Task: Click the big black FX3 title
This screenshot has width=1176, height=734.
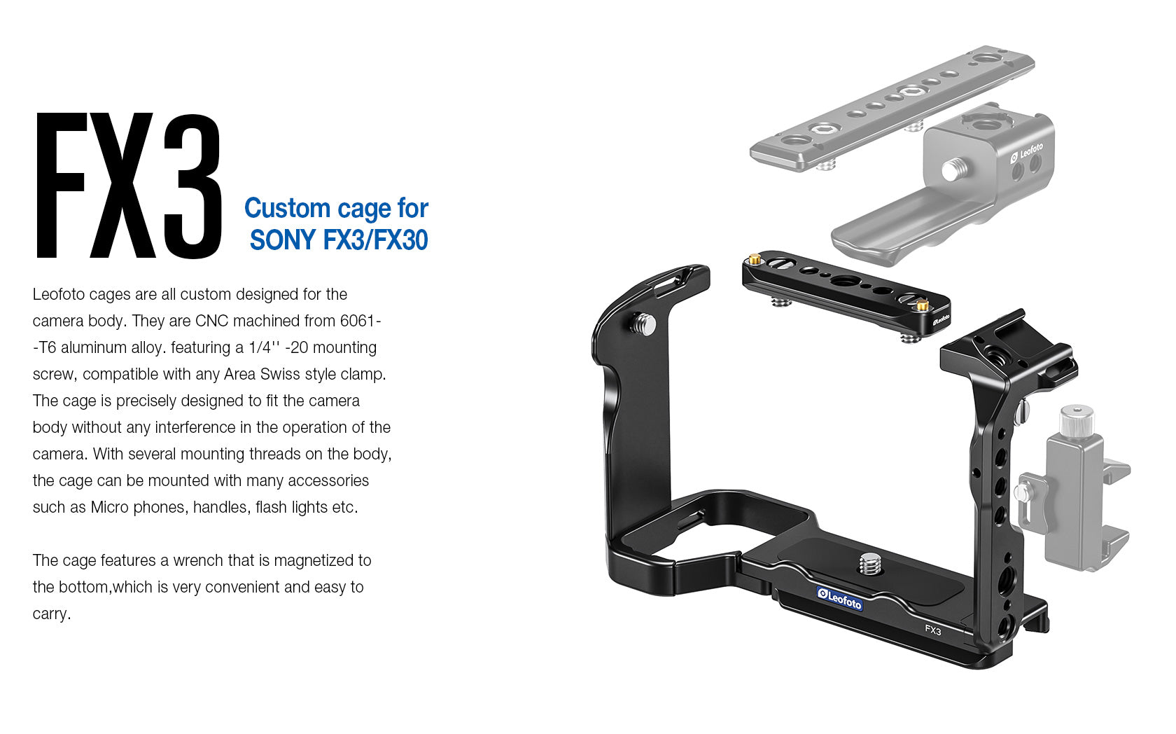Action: [129, 186]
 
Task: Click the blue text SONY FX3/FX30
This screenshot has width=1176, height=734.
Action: [339, 240]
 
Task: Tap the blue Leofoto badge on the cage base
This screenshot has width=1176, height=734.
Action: [840, 598]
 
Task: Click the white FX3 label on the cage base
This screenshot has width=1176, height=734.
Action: [933, 630]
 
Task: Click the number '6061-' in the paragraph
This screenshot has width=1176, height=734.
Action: [360, 321]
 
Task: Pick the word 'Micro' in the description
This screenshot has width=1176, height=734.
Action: [109, 507]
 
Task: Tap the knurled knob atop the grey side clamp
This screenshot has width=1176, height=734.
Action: [1076, 420]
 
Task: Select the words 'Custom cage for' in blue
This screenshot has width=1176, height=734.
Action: [336, 208]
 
